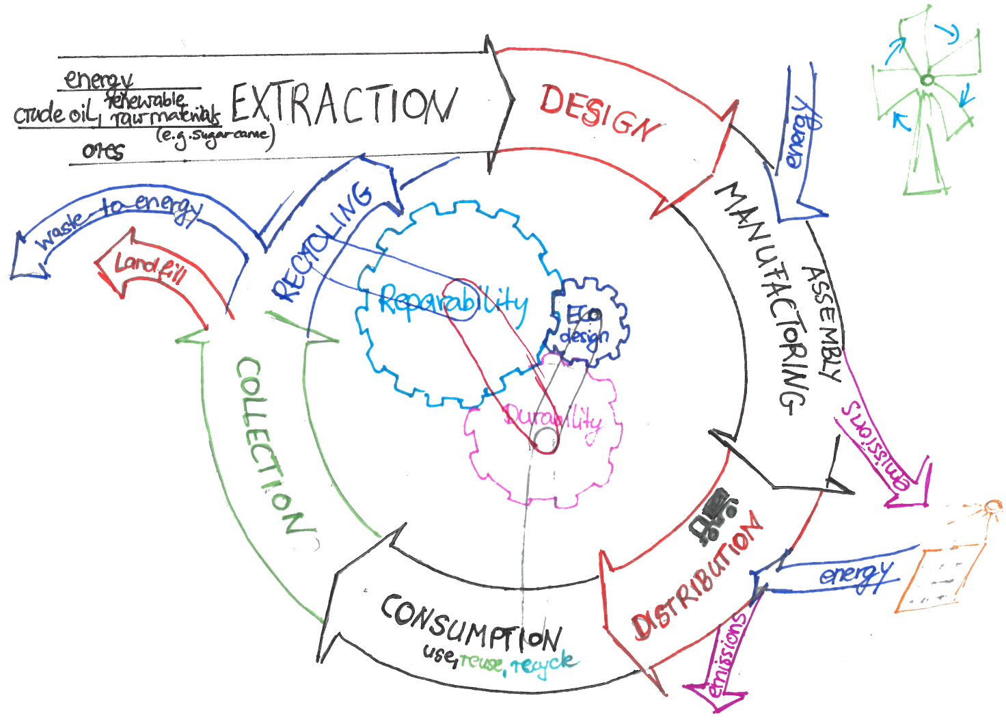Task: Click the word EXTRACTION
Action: click(x=343, y=105)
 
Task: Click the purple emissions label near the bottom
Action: click(x=728, y=653)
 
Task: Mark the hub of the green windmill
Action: click(x=926, y=81)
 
